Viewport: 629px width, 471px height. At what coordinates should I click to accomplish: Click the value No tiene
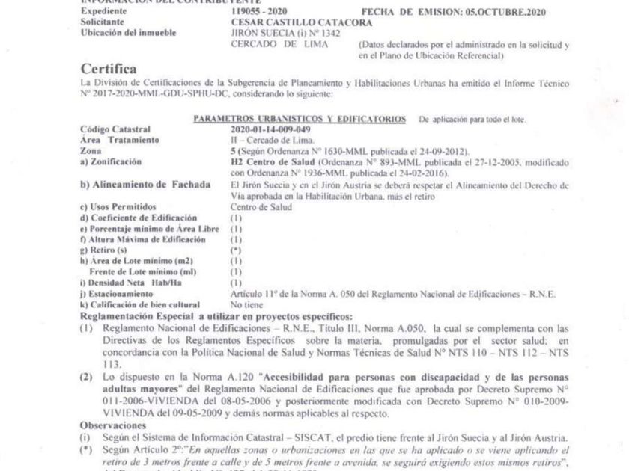pyautogui.click(x=246, y=304)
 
